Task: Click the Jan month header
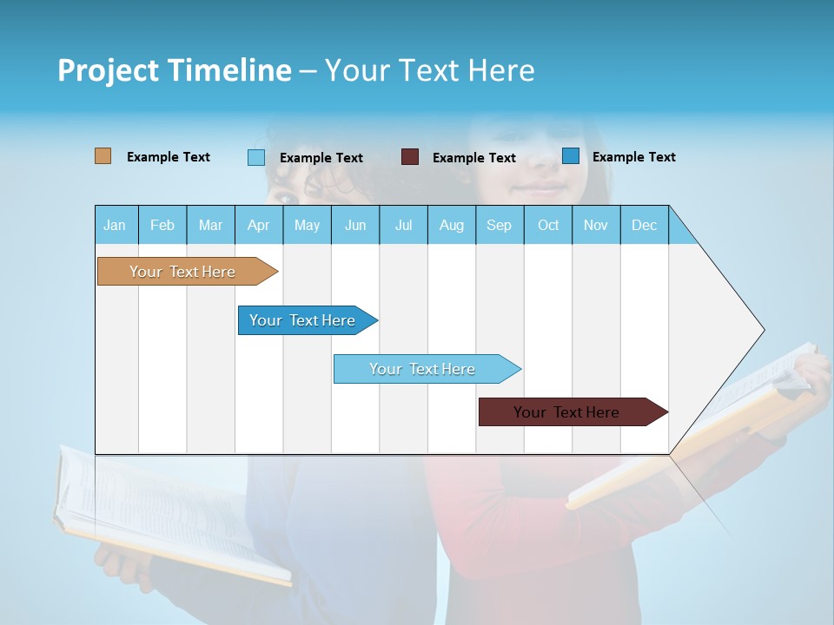pos(116,225)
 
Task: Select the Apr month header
pos(259,225)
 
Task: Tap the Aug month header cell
pos(452,225)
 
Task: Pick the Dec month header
pos(644,225)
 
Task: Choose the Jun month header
pos(355,225)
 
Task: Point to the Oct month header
pos(548,225)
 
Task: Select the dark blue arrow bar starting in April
pos(304,320)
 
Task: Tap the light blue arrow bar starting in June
pos(424,369)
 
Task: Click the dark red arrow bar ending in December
pos(569,412)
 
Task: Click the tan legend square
pos(103,156)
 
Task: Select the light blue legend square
pos(256,157)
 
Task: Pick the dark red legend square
pos(410,157)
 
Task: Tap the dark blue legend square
pos(570,156)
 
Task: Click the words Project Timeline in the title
pos(174,70)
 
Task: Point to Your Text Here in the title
pos(429,70)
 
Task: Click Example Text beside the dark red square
pos(473,158)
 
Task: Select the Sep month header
pos(500,225)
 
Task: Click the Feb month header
pos(162,225)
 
